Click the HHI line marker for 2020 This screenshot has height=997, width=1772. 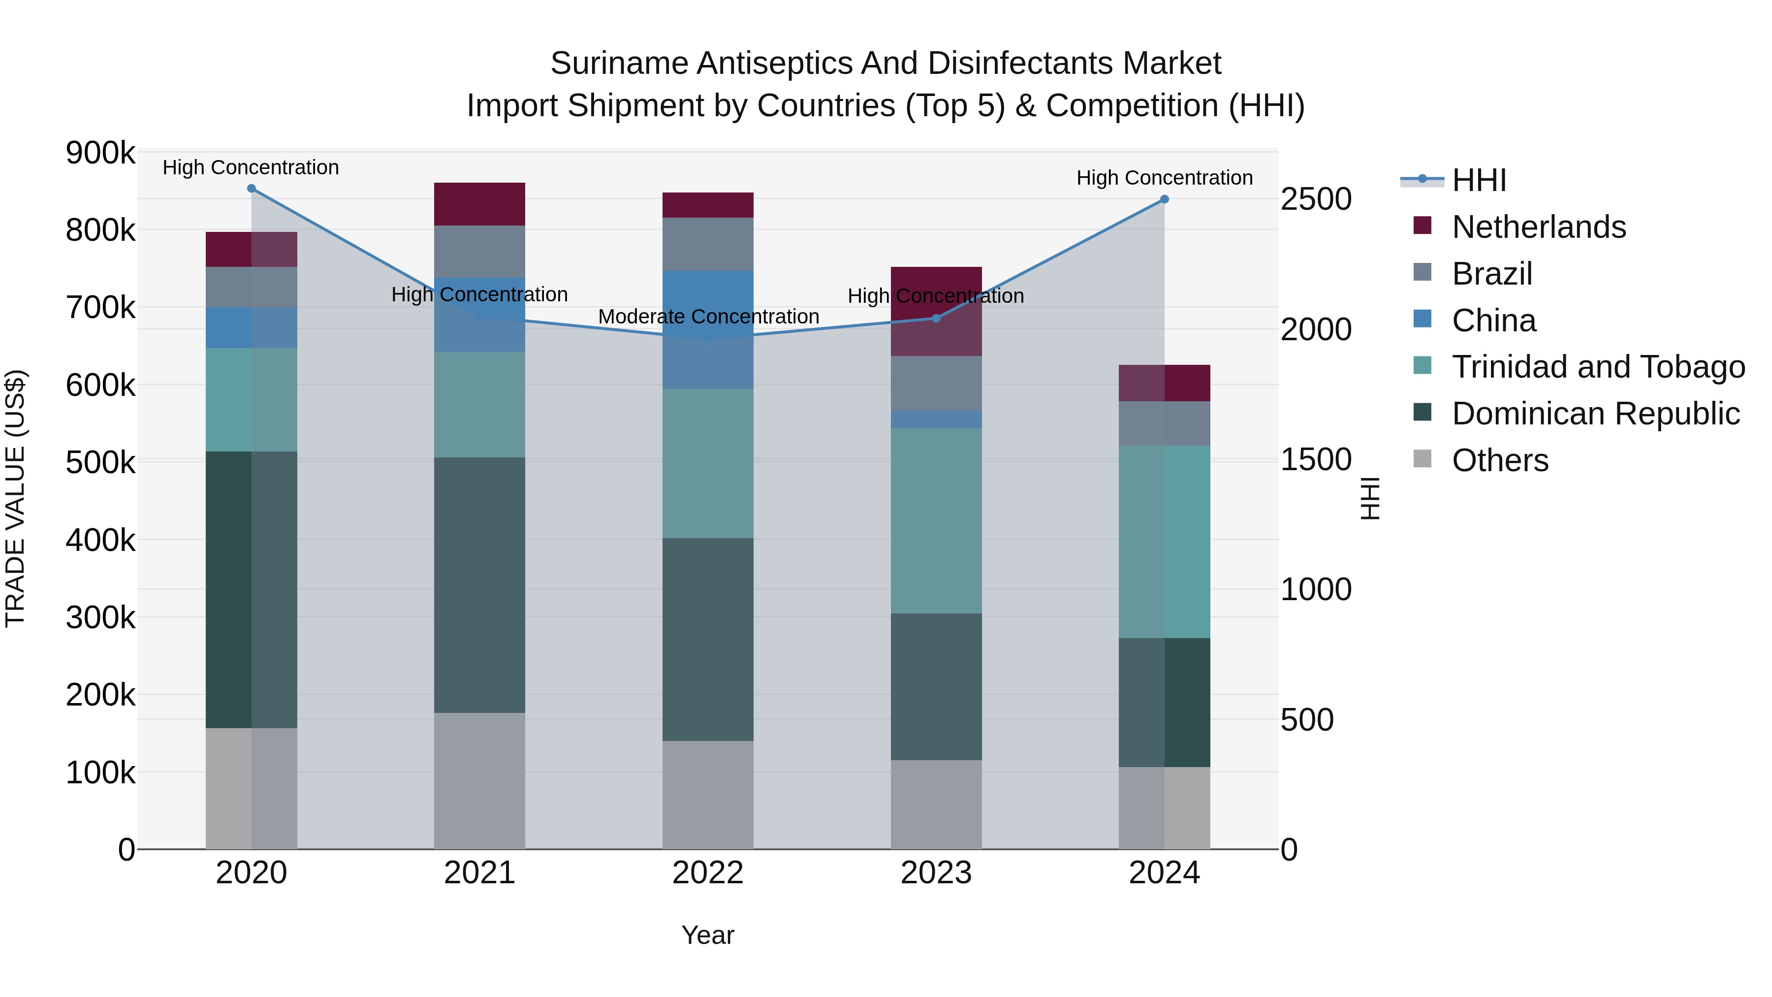click(x=251, y=189)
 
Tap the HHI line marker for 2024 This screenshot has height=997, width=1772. click(x=1164, y=199)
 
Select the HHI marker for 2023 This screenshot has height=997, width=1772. click(x=936, y=319)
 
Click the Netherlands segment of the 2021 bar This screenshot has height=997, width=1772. click(x=479, y=204)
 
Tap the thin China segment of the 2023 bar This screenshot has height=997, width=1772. click(x=936, y=419)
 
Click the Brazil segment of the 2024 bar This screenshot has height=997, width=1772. click(x=1164, y=423)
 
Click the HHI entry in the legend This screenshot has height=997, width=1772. click(x=1479, y=180)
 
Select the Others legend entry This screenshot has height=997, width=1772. click(x=1500, y=460)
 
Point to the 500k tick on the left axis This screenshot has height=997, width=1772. click(x=100, y=462)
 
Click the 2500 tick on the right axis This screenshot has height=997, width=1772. click(x=1315, y=199)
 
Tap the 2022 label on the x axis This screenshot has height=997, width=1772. click(x=708, y=873)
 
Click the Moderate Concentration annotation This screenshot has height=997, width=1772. click(x=708, y=317)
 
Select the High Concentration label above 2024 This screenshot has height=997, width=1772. click(x=1164, y=178)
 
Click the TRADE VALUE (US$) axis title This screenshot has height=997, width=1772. click(x=15, y=498)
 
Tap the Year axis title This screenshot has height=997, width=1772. click(x=708, y=935)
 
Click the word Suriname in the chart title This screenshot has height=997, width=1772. click(x=618, y=64)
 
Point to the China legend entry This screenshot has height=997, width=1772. click(x=1493, y=321)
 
